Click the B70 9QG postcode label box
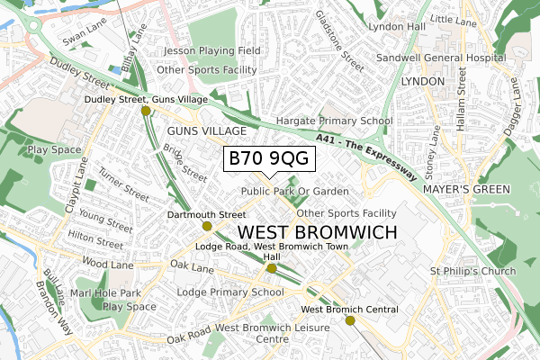click(x=268, y=159)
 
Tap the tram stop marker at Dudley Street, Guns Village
click(x=146, y=111)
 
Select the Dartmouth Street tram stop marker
click(x=206, y=227)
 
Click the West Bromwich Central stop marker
click(x=350, y=320)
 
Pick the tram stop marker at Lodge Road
click(x=272, y=268)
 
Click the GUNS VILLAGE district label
click(x=204, y=131)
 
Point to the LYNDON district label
click(x=423, y=81)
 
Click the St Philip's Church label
click(x=472, y=272)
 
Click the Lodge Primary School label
click(x=230, y=292)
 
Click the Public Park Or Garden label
click(x=294, y=192)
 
